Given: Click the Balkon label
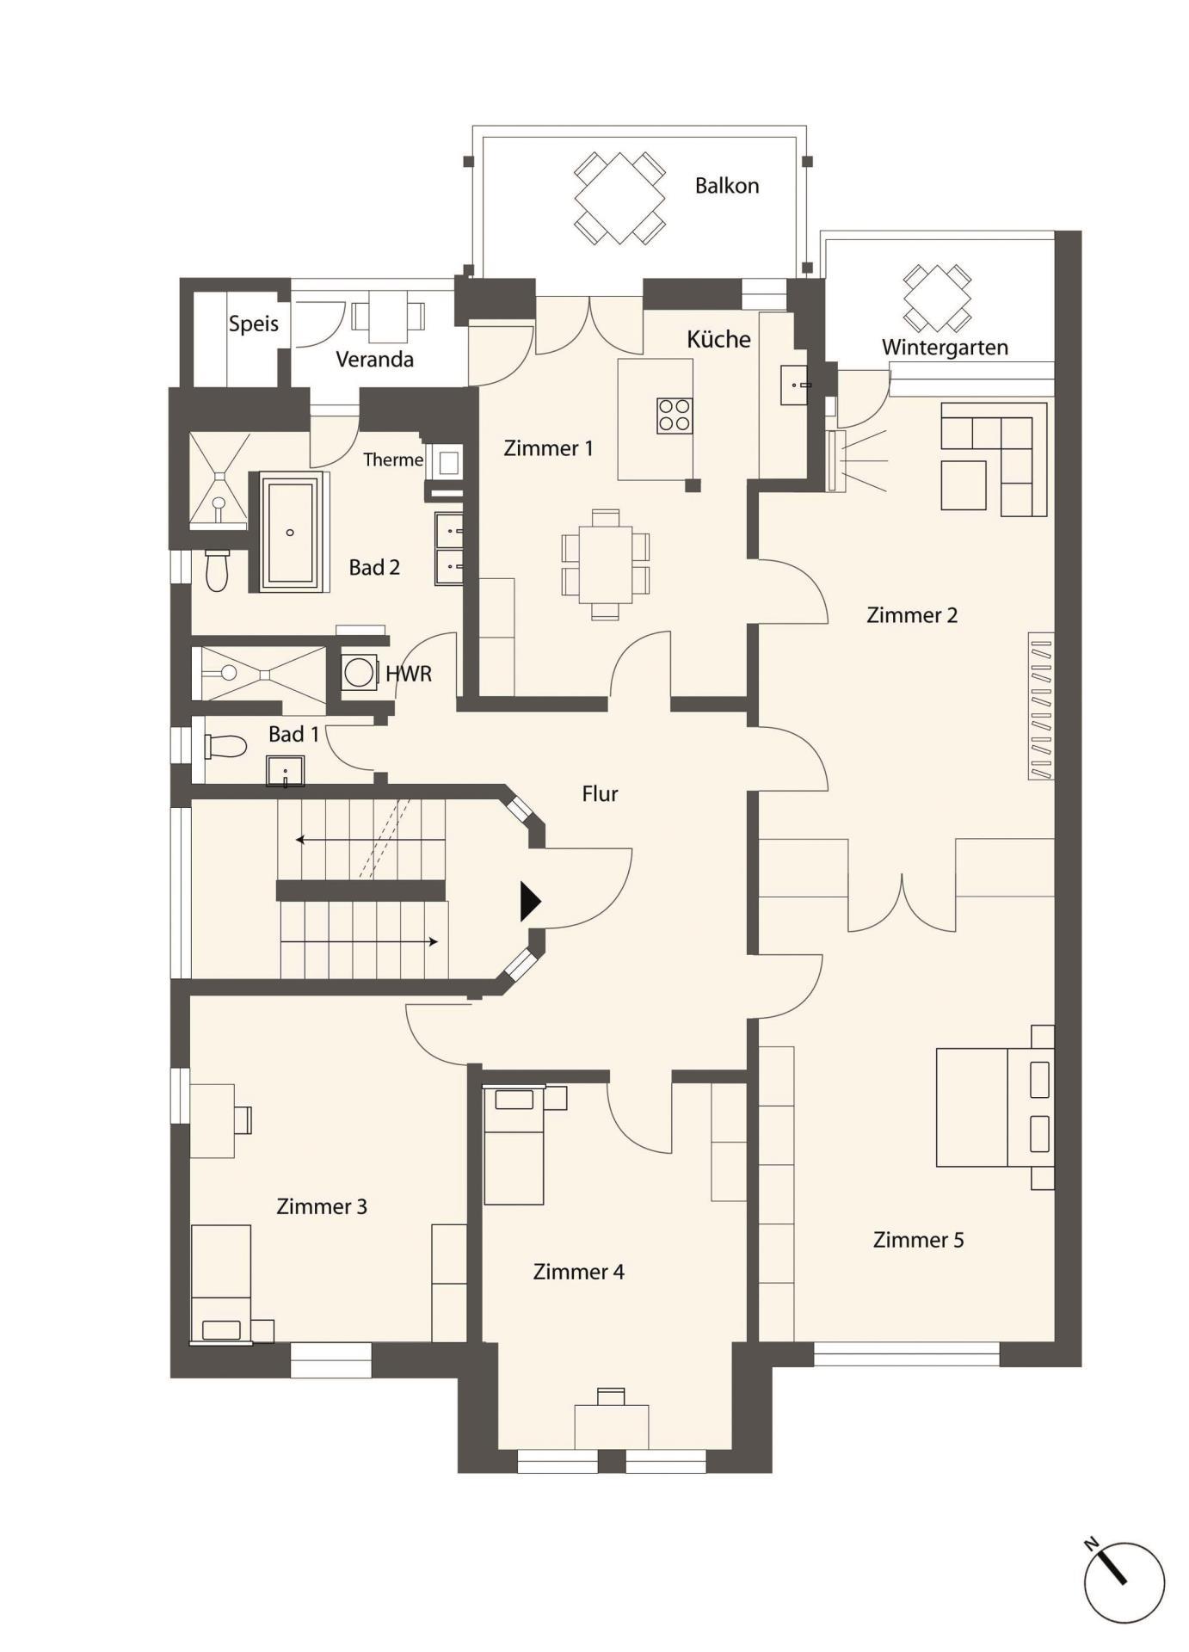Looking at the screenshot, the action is point(727,186).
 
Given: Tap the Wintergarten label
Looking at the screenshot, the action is point(945,348).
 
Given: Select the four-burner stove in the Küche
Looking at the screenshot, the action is point(675,415).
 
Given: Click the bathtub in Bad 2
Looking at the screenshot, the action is point(290,532).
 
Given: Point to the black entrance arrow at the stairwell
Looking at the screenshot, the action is point(530,902).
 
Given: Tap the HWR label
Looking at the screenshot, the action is point(409,674).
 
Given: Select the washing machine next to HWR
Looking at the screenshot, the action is point(359,671).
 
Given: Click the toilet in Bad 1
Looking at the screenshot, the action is point(225,746).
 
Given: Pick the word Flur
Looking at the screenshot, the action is point(600,793).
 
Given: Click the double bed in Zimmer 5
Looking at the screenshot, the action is point(995,1106).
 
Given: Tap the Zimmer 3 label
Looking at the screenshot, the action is point(322,1206).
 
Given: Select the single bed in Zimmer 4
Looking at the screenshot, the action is point(514,1144).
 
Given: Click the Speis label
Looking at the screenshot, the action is point(254,324).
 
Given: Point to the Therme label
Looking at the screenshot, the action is point(393,460).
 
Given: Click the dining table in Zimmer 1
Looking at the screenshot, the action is point(606,564).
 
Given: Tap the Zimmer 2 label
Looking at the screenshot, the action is point(912,615).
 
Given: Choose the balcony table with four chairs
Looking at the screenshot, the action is point(619,199).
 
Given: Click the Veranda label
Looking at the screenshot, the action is point(374,359).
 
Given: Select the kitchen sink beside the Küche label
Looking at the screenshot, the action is point(794,385).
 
